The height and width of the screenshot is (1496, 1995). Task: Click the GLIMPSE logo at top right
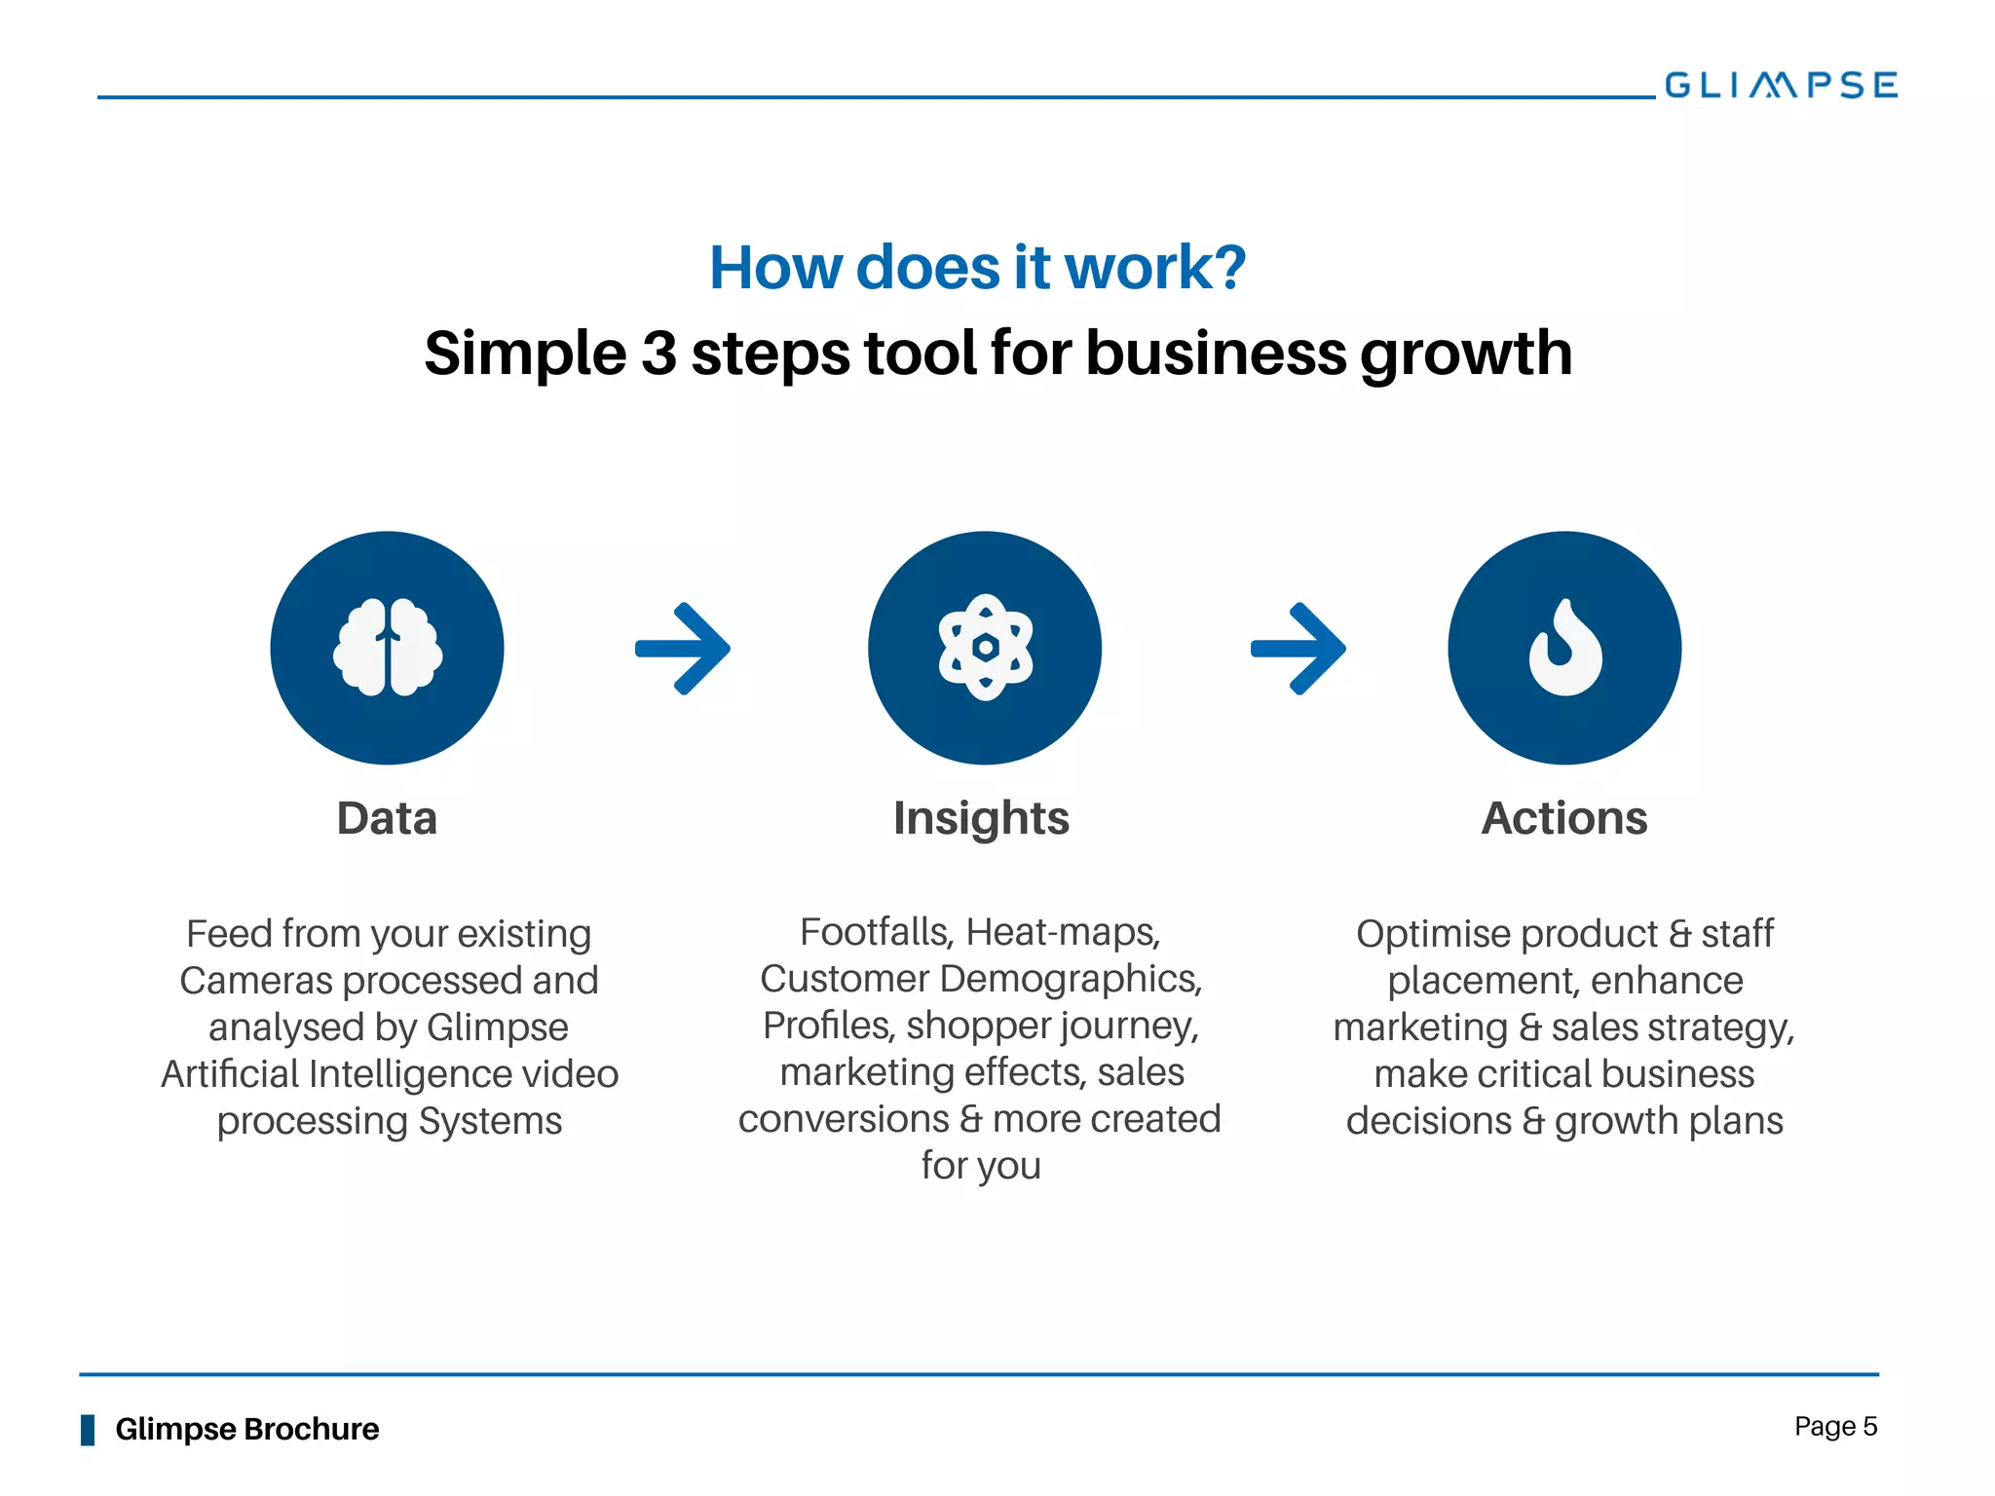(x=1781, y=85)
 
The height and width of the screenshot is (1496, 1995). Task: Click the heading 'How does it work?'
(x=977, y=268)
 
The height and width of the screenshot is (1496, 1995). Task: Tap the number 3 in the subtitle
(x=659, y=353)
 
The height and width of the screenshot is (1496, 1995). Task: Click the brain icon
(x=388, y=648)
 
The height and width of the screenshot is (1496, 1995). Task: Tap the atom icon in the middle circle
(x=985, y=648)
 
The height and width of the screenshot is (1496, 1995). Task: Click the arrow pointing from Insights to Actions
(x=1299, y=649)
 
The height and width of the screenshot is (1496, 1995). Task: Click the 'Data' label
(x=387, y=818)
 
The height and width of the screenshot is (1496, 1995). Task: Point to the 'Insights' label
(x=981, y=819)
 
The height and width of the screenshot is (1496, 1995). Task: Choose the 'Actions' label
(x=1564, y=818)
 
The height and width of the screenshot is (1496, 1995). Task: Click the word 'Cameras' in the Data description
(x=256, y=981)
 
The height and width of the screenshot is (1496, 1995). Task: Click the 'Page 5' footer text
(x=1835, y=1427)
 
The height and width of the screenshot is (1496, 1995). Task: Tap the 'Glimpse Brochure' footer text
(x=247, y=1429)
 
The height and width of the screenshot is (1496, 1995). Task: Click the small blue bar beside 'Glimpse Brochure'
(x=88, y=1430)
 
